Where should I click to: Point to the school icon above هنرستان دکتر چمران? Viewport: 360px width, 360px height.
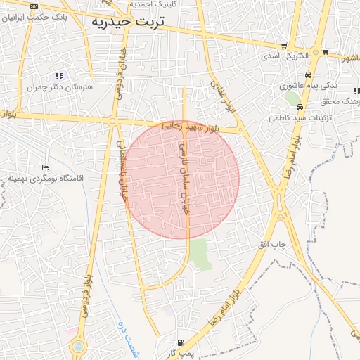point(59,76)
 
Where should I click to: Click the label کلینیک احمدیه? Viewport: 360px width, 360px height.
point(157,4)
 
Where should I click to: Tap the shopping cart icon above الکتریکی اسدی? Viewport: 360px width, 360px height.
point(283,44)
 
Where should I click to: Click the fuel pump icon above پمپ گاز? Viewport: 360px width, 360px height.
point(181,342)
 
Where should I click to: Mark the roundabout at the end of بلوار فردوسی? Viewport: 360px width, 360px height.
point(77,346)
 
